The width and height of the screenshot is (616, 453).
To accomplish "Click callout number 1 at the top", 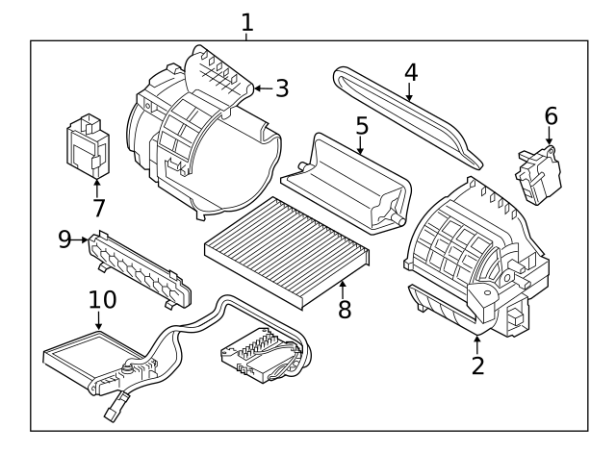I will pyautogui.click(x=247, y=20).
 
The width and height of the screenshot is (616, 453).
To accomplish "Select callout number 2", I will pyautogui.click(x=478, y=365).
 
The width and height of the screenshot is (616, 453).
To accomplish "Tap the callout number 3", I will pyautogui.click(x=281, y=88).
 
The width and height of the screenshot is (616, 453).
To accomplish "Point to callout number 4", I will pyautogui.click(x=410, y=71).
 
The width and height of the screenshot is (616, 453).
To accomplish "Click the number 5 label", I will pyautogui.click(x=361, y=126).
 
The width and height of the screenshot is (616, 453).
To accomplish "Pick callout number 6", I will pyautogui.click(x=551, y=116).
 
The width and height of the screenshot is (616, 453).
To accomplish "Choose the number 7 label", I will pyautogui.click(x=97, y=208).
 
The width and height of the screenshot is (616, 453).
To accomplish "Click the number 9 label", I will pyautogui.click(x=65, y=239).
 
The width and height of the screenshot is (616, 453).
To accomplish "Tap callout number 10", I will pyautogui.click(x=102, y=299).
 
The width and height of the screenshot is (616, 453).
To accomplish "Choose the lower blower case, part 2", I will pyautogui.click(x=472, y=260).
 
